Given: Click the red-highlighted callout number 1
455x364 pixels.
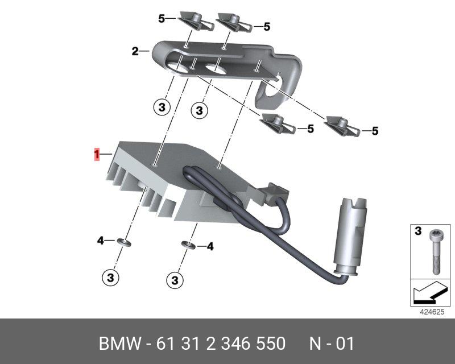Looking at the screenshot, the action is coord(97,154).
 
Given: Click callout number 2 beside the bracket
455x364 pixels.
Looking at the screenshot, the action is coord(135,51).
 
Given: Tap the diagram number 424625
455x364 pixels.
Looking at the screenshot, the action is coord(432,312).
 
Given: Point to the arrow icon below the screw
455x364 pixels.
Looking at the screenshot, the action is coord(429,293).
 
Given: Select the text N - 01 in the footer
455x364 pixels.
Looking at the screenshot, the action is coord(332,344).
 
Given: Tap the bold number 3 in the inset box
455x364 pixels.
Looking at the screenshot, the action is coord(418,231).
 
